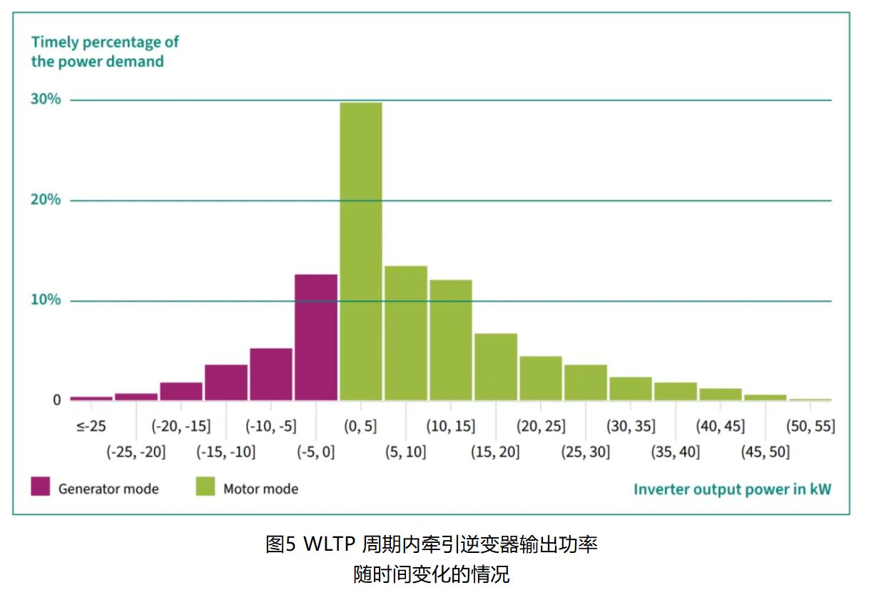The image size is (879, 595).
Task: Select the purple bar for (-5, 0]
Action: [316, 337]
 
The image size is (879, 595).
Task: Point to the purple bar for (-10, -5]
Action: [271, 374]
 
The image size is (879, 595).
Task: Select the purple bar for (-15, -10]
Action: [226, 382]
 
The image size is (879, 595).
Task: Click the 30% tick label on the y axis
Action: [46, 99]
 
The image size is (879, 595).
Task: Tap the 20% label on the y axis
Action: [46, 200]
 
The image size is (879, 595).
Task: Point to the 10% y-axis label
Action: [46, 300]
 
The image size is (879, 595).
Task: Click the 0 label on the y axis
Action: [56, 400]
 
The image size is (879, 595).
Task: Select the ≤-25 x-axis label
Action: [91, 427]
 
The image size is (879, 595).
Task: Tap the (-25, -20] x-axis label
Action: [136, 452]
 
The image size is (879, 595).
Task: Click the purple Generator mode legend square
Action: [41, 487]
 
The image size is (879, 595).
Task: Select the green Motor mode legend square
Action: [205, 487]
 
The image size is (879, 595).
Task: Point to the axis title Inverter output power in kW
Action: [732, 489]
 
